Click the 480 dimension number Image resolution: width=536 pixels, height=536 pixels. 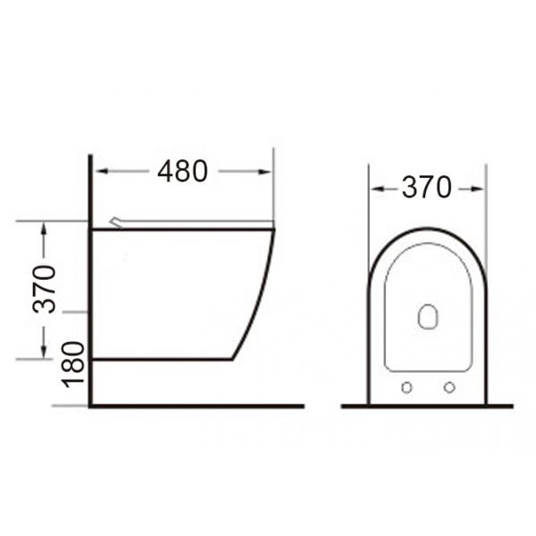(x=182, y=171)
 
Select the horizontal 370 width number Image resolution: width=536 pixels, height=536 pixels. (x=426, y=188)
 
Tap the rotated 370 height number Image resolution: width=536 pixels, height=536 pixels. (x=46, y=289)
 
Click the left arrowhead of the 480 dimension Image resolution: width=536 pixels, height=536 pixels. (x=99, y=171)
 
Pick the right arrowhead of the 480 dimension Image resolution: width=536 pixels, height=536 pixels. (x=267, y=171)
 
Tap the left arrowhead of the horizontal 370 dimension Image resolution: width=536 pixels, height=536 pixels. (x=374, y=188)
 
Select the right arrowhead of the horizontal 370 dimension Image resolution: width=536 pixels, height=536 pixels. (x=480, y=188)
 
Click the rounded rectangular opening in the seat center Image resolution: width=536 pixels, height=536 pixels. (x=429, y=316)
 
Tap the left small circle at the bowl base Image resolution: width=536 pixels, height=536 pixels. (x=407, y=388)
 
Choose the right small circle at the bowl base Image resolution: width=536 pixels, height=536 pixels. (x=449, y=388)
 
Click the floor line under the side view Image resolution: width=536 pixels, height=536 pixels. (x=197, y=406)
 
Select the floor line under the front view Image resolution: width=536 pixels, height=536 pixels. (x=427, y=406)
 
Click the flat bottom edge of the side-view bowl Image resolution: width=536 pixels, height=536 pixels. (x=161, y=359)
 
